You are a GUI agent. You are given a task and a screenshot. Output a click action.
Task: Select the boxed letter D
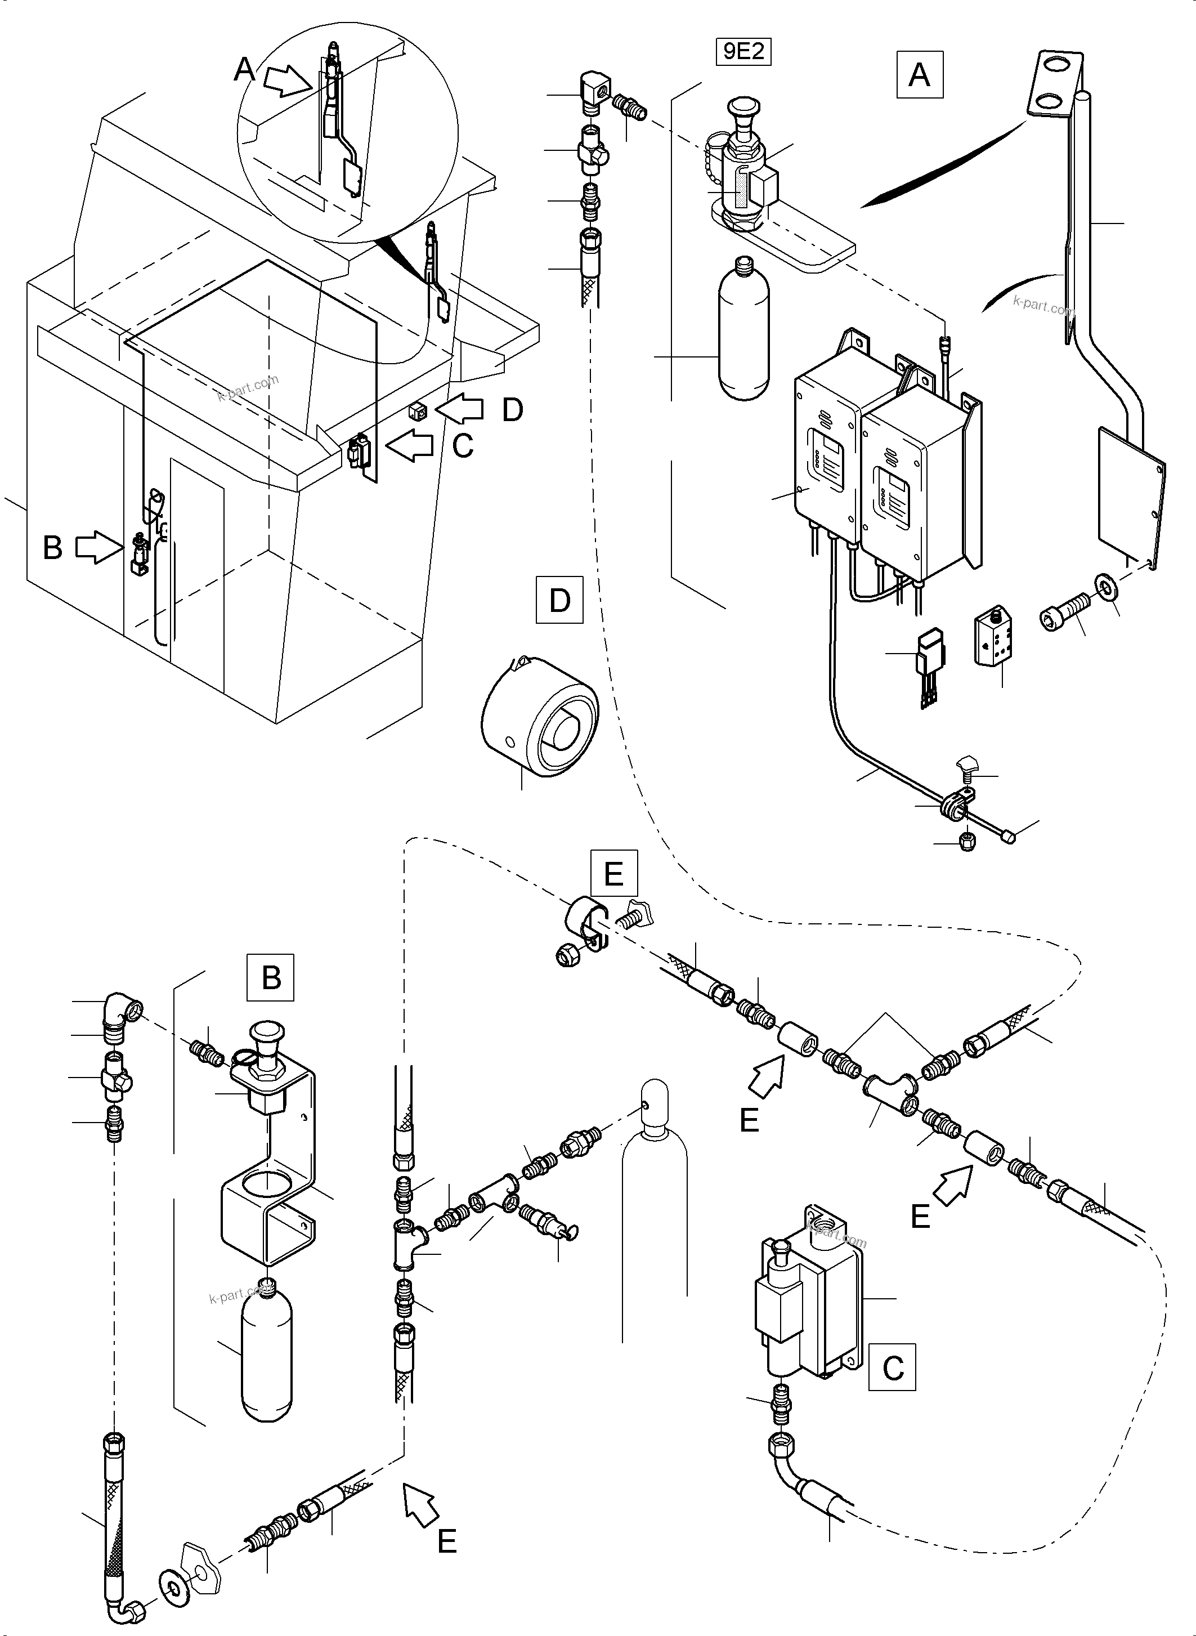point(559,600)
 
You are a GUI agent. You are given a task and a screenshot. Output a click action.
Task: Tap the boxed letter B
point(271,978)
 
